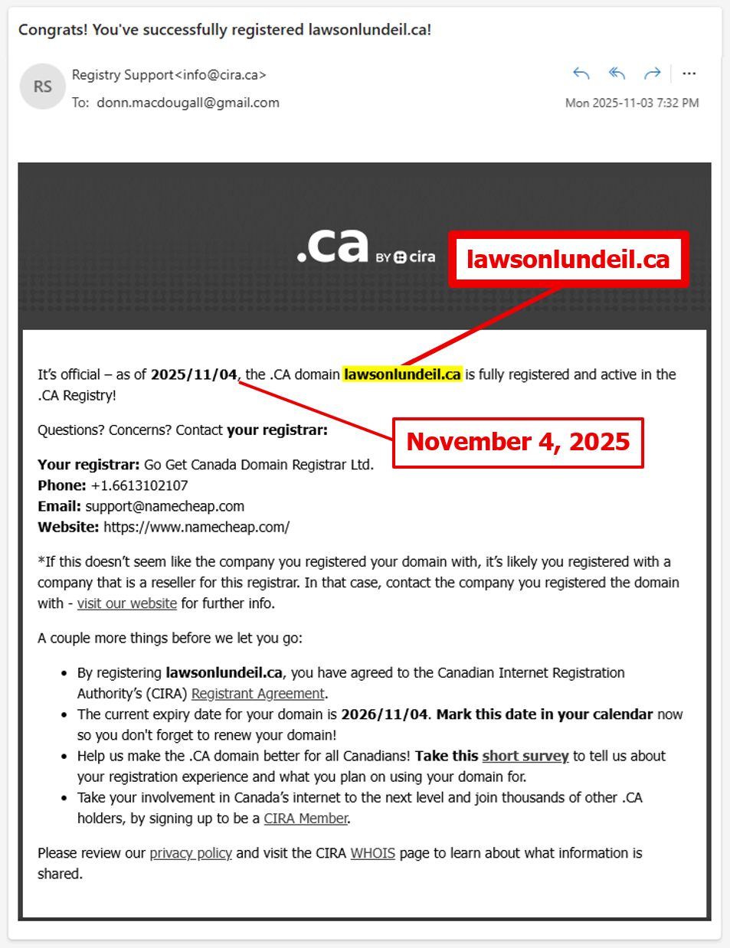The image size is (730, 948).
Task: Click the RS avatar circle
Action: [x=42, y=87]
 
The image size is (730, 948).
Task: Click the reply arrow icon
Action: [x=581, y=74]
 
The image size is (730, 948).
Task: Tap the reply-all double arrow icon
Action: [x=617, y=74]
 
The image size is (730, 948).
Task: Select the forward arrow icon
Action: [x=653, y=74]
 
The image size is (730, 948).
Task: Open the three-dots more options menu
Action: [x=689, y=74]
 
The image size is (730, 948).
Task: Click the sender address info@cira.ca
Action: [x=221, y=75]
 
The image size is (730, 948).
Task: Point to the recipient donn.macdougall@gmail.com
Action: [x=188, y=103]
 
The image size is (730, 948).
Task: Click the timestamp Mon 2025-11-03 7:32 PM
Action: [x=632, y=103]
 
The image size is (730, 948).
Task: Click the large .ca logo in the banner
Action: [x=333, y=247]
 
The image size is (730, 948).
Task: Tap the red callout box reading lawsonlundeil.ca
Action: [x=568, y=260]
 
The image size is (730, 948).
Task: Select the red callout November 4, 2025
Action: [x=518, y=442]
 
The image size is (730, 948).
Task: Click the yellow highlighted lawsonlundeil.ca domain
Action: [x=402, y=374]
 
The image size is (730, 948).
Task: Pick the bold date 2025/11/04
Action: [x=194, y=374]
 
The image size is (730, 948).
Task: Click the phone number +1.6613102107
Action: [x=139, y=485]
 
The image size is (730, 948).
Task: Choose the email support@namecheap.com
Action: [x=165, y=506]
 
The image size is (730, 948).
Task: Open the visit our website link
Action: [x=127, y=603]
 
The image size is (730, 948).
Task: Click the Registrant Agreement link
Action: [x=258, y=694]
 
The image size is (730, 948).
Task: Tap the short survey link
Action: [x=525, y=757]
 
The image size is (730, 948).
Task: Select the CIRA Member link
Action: [x=306, y=819]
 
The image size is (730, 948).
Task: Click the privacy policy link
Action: [x=191, y=853]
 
